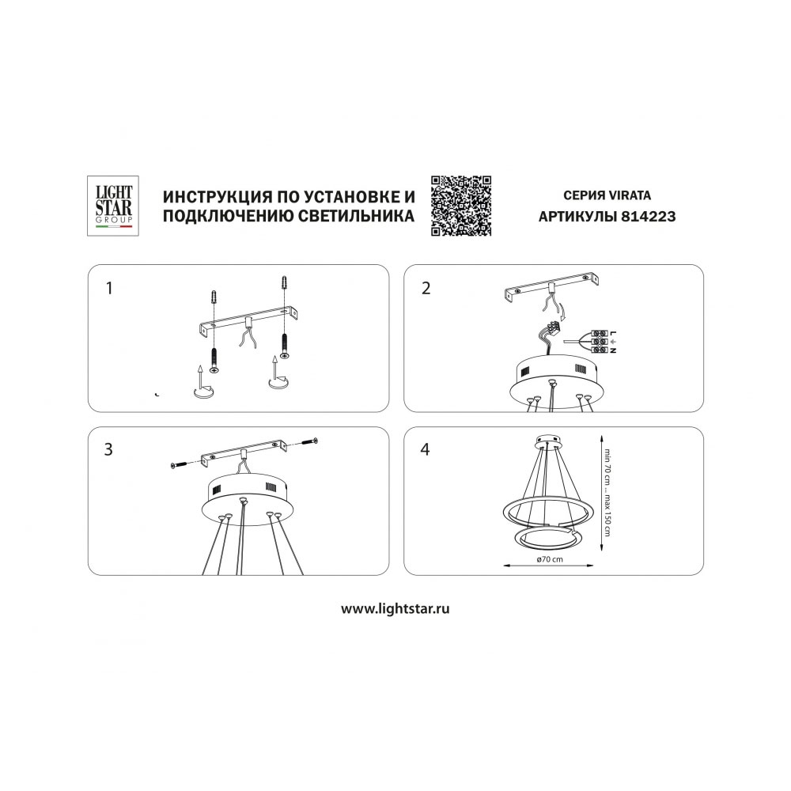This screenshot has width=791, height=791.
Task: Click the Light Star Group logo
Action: pyautogui.click(x=113, y=206)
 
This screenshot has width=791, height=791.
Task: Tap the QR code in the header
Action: pyautogui.click(x=461, y=206)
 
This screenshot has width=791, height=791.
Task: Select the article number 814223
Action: pyautogui.click(x=648, y=217)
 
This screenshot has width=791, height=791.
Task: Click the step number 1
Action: pyautogui.click(x=109, y=289)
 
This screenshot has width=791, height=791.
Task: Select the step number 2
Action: pyautogui.click(x=426, y=289)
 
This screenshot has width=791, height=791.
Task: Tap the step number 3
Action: pyautogui.click(x=108, y=449)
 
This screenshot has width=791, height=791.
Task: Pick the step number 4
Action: pyautogui.click(x=426, y=449)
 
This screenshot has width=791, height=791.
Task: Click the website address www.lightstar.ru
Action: pyautogui.click(x=395, y=609)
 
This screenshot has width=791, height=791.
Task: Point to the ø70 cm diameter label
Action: pyautogui.click(x=550, y=559)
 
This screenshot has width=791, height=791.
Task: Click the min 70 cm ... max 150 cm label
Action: pyautogui.click(x=607, y=492)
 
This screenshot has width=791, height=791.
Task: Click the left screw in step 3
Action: pyautogui.click(x=179, y=464)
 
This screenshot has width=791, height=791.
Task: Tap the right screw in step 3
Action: pyautogui.click(x=308, y=441)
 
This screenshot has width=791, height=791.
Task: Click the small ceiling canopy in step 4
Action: pyautogui.click(x=548, y=441)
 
